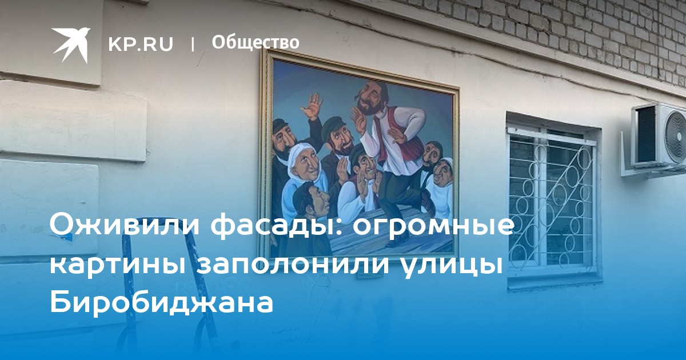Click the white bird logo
tap(70, 45)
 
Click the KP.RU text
tap(141, 44)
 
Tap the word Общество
tap(256, 42)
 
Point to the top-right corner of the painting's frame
tap(458, 88)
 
